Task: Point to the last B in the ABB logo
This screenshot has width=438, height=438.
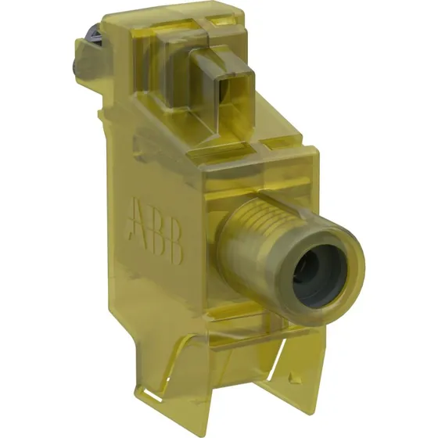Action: pyautogui.click(x=174, y=243)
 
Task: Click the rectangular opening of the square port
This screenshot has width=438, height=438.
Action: pyautogui.click(x=225, y=93)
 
